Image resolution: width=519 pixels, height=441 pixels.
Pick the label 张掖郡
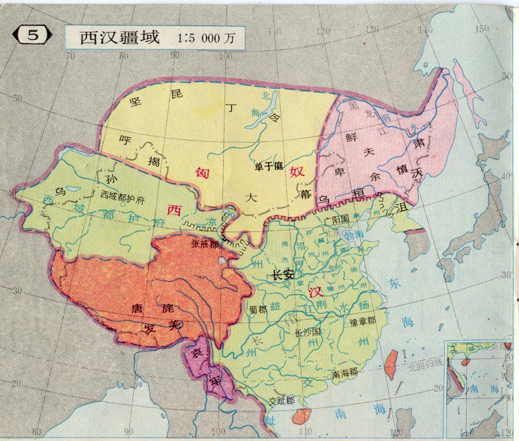pyautogui.click(x=204, y=243)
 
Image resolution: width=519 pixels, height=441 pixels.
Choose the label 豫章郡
pyautogui.click(x=362, y=320)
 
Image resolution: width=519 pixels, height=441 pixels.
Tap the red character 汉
pyautogui.click(x=316, y=293)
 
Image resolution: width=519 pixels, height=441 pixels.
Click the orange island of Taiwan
pyautogui.click(x=391, y=363)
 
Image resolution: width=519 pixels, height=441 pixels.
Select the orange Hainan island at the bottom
pyautogui.click(x=301, y=416)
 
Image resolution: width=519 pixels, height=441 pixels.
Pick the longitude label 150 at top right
pyautogui.click(x=482, y=28)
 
